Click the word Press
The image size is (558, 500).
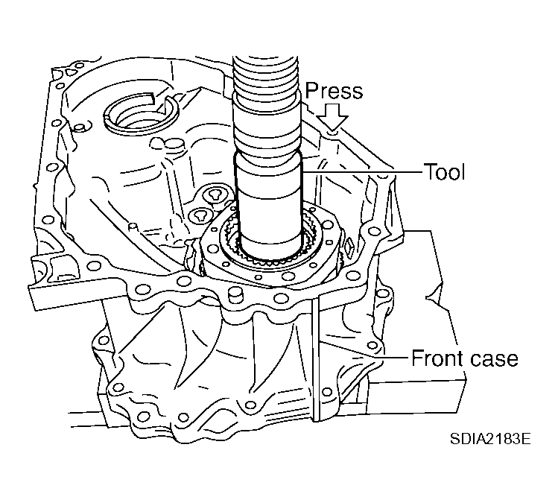[333, 91]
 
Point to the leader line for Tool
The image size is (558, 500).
[365, 172]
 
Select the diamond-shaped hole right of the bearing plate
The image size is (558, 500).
[348, 243]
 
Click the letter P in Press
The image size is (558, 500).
[310, 91]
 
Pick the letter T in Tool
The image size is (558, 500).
[428, 172]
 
